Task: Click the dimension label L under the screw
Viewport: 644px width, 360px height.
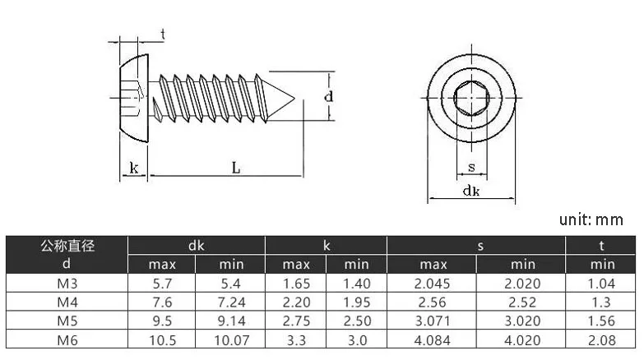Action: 236,168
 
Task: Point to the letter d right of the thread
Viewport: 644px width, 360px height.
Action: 328,96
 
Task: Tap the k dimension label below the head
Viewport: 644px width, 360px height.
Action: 134,168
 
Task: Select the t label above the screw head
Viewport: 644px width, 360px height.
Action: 163,34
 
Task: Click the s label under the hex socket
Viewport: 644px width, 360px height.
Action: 471,167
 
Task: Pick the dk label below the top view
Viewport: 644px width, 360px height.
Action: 471,191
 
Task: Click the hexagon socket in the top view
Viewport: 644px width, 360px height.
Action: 471,98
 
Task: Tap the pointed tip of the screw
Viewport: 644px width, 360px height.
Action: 294,98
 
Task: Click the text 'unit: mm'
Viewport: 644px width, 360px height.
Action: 591,219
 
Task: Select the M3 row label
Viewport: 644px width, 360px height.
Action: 67,284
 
